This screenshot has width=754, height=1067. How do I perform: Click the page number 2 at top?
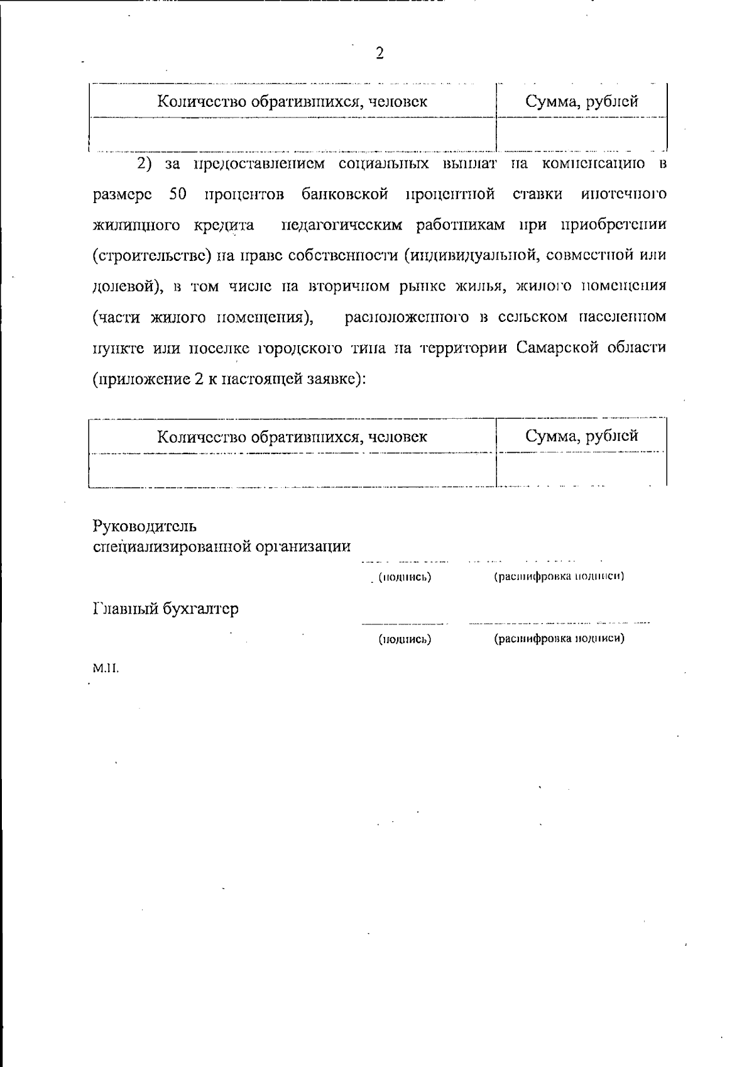(x=379, y=53)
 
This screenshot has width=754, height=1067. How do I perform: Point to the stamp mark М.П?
(x=106, y=668)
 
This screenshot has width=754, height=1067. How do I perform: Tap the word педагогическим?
(x=341, y=224)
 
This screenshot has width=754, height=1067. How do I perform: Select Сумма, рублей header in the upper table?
(x=581, y=101)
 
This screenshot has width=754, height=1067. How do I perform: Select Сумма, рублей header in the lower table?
(x=581, y=436)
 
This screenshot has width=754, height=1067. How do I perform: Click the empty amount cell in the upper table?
(x=581, y=134)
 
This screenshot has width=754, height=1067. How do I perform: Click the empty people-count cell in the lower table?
(x=292, y=470)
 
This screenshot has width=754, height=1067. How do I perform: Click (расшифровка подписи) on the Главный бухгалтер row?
(x=559, y=639)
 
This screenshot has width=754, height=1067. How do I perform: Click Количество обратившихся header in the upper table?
(x=292, y=101)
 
